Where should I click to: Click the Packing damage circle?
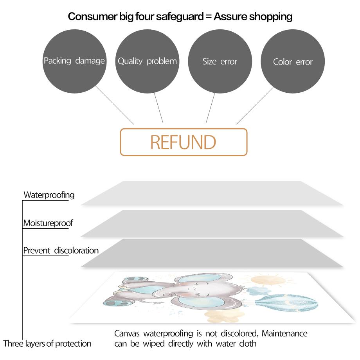click(74, 61)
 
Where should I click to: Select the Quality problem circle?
click(147, 61)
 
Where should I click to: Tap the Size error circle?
click(220, 61)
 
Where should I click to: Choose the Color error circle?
click(293, 61)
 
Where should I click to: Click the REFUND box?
click(183, 142)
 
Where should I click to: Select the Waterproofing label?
click(49, 195)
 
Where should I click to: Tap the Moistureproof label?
click(48, 223)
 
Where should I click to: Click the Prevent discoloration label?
click(61, 250)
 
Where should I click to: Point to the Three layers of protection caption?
click(47, 344)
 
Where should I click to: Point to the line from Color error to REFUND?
click(255, 106)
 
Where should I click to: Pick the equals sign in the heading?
click(208, 17)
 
